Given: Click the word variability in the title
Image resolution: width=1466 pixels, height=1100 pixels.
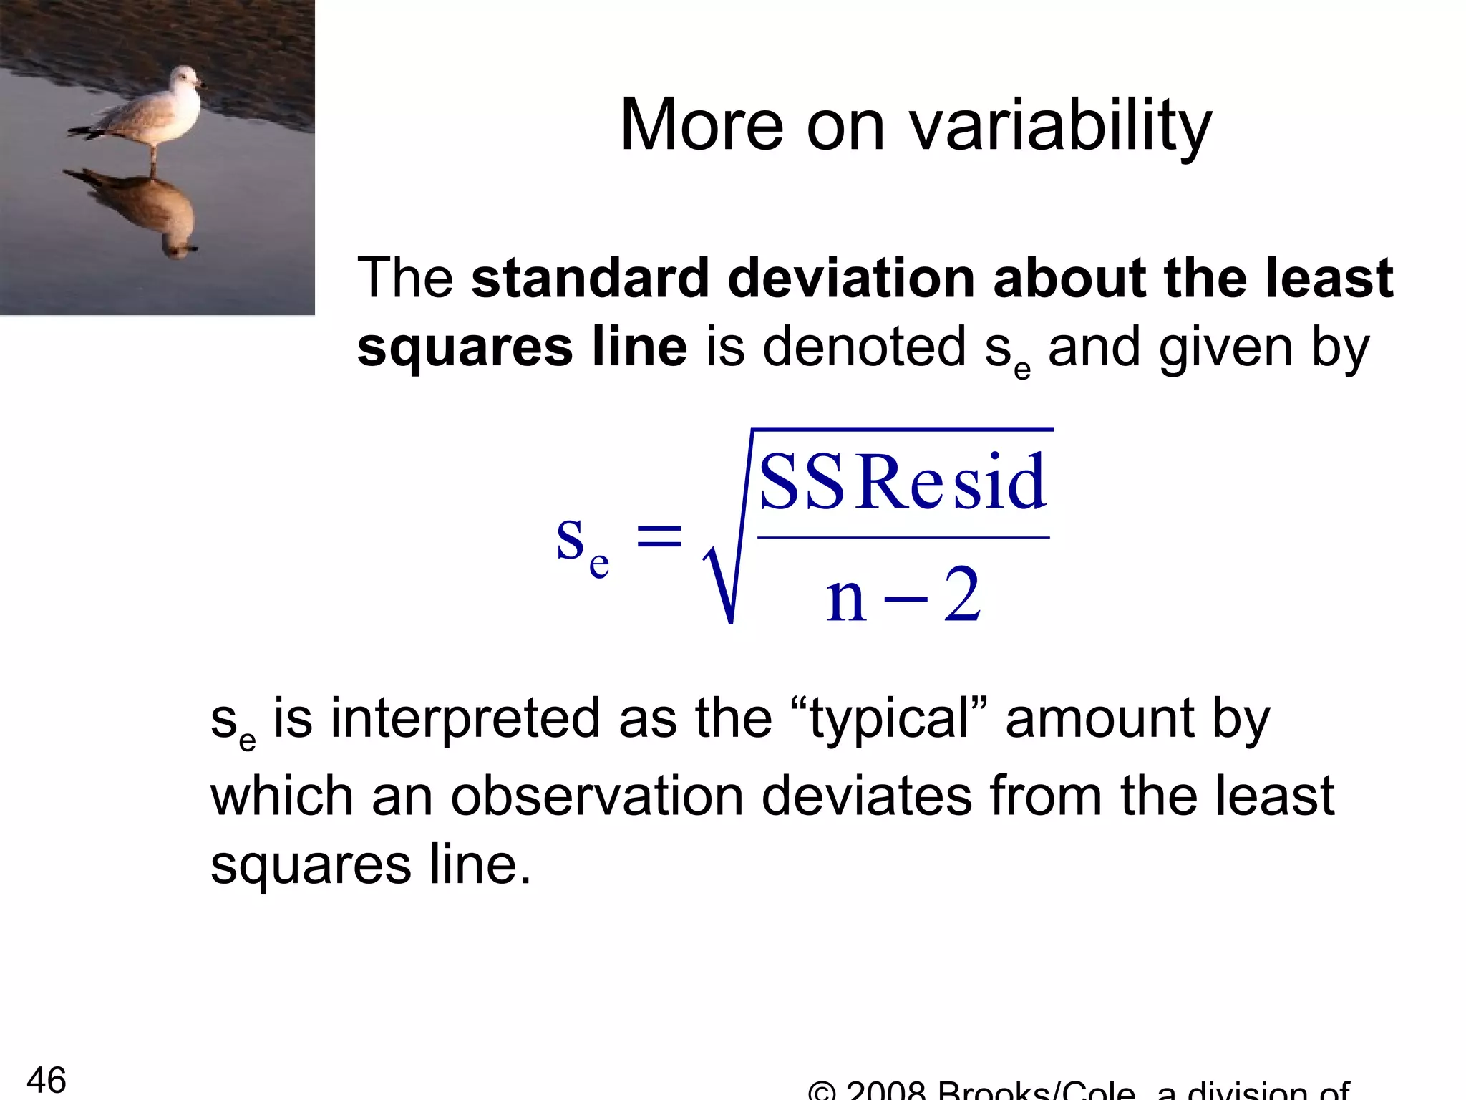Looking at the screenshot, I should tap(1060, 127).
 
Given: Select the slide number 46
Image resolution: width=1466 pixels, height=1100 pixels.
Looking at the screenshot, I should tap(47, 1079).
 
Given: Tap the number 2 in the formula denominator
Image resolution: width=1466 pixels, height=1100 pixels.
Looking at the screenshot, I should tap(961, 594).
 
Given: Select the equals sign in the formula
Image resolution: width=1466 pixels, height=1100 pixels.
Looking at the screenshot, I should tap(659, 536).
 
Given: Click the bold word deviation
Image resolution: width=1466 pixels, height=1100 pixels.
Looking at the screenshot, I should tap(851, 279).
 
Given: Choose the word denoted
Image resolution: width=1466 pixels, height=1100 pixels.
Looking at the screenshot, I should tap(864, 347).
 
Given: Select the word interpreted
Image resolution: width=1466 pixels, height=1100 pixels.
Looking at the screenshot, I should tap(465, 719).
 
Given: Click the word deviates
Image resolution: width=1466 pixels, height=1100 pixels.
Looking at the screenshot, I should tap(866, 796).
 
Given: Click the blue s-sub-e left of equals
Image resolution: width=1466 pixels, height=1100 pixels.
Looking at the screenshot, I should tap(581, 544).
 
